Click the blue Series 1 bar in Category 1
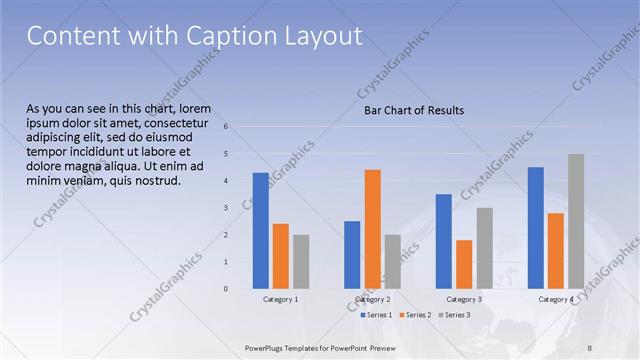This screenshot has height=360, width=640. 260,231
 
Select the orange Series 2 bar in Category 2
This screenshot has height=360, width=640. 372,229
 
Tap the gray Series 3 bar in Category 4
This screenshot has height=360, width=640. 576,221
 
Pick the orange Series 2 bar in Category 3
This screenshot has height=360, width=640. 464,264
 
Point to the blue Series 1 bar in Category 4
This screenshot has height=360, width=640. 536,228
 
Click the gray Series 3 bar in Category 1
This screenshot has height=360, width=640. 301,261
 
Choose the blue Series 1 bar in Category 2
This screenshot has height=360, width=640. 352,255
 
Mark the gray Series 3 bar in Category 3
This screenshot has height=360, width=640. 484,248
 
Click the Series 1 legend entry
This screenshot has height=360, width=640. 375,315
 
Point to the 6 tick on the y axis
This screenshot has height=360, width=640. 226,126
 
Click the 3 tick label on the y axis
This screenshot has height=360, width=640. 226,207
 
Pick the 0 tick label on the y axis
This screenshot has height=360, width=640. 226,289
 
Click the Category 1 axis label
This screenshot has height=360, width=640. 281,300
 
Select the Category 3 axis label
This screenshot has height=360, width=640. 464,300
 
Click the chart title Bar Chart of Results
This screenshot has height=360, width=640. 413,110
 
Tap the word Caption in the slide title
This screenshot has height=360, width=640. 227,36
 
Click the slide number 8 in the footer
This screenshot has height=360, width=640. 589,347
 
